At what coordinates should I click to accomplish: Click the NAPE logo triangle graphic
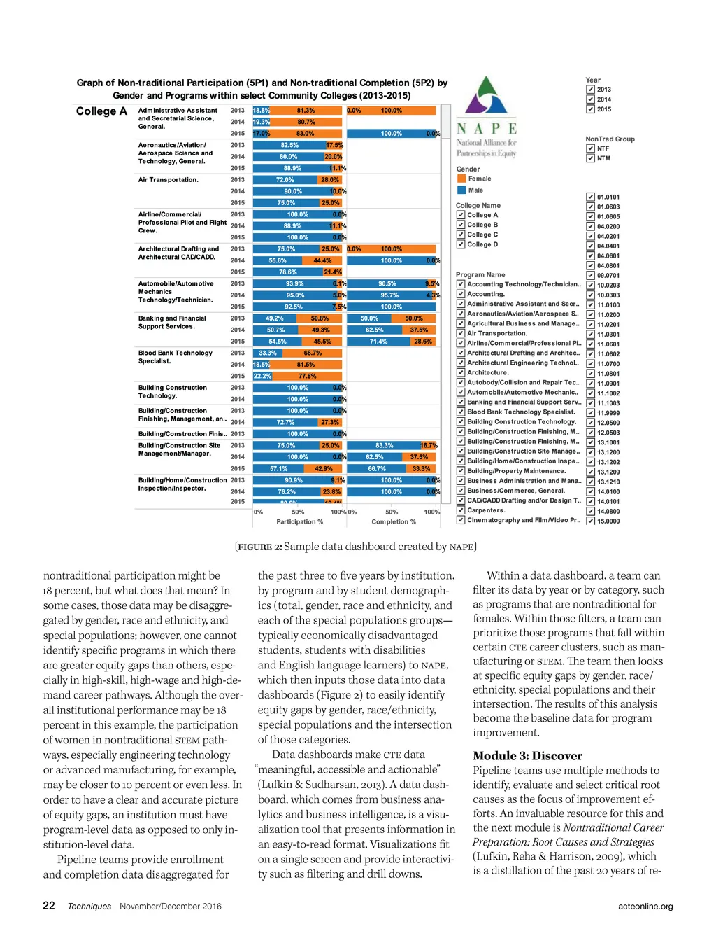(487, 96)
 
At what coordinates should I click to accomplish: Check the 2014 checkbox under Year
(590, 99)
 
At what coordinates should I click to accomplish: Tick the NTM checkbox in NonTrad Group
(590, 158)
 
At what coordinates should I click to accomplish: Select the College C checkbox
(461, 234)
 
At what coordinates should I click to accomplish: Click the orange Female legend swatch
(461, 178)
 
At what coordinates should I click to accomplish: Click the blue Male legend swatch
(461, 190)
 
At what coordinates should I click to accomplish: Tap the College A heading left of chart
(101, 111)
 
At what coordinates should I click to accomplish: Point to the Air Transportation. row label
(169, 180)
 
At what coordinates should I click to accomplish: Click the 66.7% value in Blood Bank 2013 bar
(313, 353)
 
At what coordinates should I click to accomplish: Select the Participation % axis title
(299, 522)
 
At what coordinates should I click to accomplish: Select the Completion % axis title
(394, 522)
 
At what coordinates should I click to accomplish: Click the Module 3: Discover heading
(527, 756)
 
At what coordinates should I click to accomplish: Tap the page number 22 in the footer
(49, 906)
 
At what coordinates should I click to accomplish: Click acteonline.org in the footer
(645, 906)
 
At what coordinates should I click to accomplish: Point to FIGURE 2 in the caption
(259, 547)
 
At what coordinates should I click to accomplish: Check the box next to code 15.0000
(590, 521)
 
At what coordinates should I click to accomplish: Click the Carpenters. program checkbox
(461, 510)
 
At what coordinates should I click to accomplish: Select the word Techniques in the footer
(89, 906)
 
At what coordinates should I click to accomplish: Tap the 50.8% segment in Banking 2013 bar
(320, 318)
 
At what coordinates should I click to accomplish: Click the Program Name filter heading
(480, 275)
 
